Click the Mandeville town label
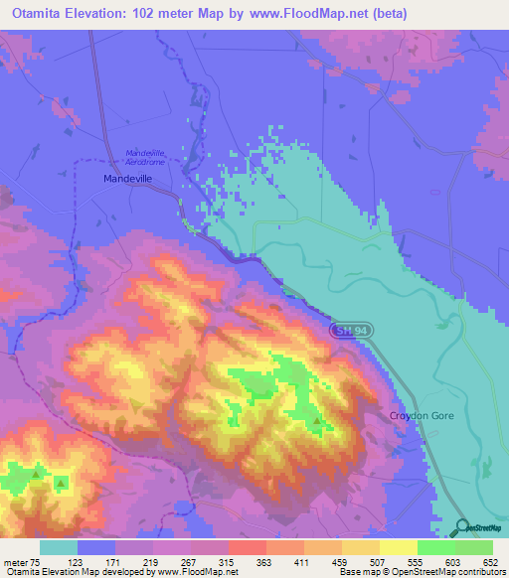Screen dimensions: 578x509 (x=130, y=179)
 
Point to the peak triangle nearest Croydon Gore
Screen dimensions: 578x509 (x=317, y=421)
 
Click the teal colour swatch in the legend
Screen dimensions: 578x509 (x=59, y=547)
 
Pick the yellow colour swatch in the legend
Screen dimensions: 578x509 (x=398, y=547)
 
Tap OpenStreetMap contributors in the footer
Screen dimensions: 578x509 (x=453, y=572)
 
